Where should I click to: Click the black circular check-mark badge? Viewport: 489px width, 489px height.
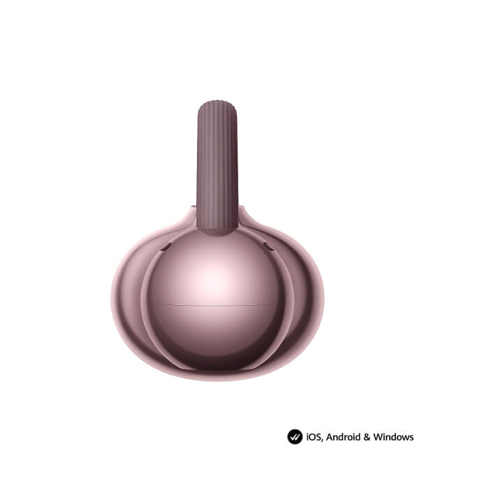[x=295, y=437]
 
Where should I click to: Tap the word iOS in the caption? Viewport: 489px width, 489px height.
[x=314, y=437]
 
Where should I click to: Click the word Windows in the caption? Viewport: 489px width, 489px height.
[x=393, y=437]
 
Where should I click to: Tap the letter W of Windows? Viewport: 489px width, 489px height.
[x=378, y=437]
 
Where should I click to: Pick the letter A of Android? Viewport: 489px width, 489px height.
[x=329, y=437]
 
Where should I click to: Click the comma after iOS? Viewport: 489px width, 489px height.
[x=323, y=440]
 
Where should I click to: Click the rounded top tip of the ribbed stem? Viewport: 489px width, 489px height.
[x=217, y=101]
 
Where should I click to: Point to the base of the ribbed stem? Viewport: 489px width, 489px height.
[x=217, y=231]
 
